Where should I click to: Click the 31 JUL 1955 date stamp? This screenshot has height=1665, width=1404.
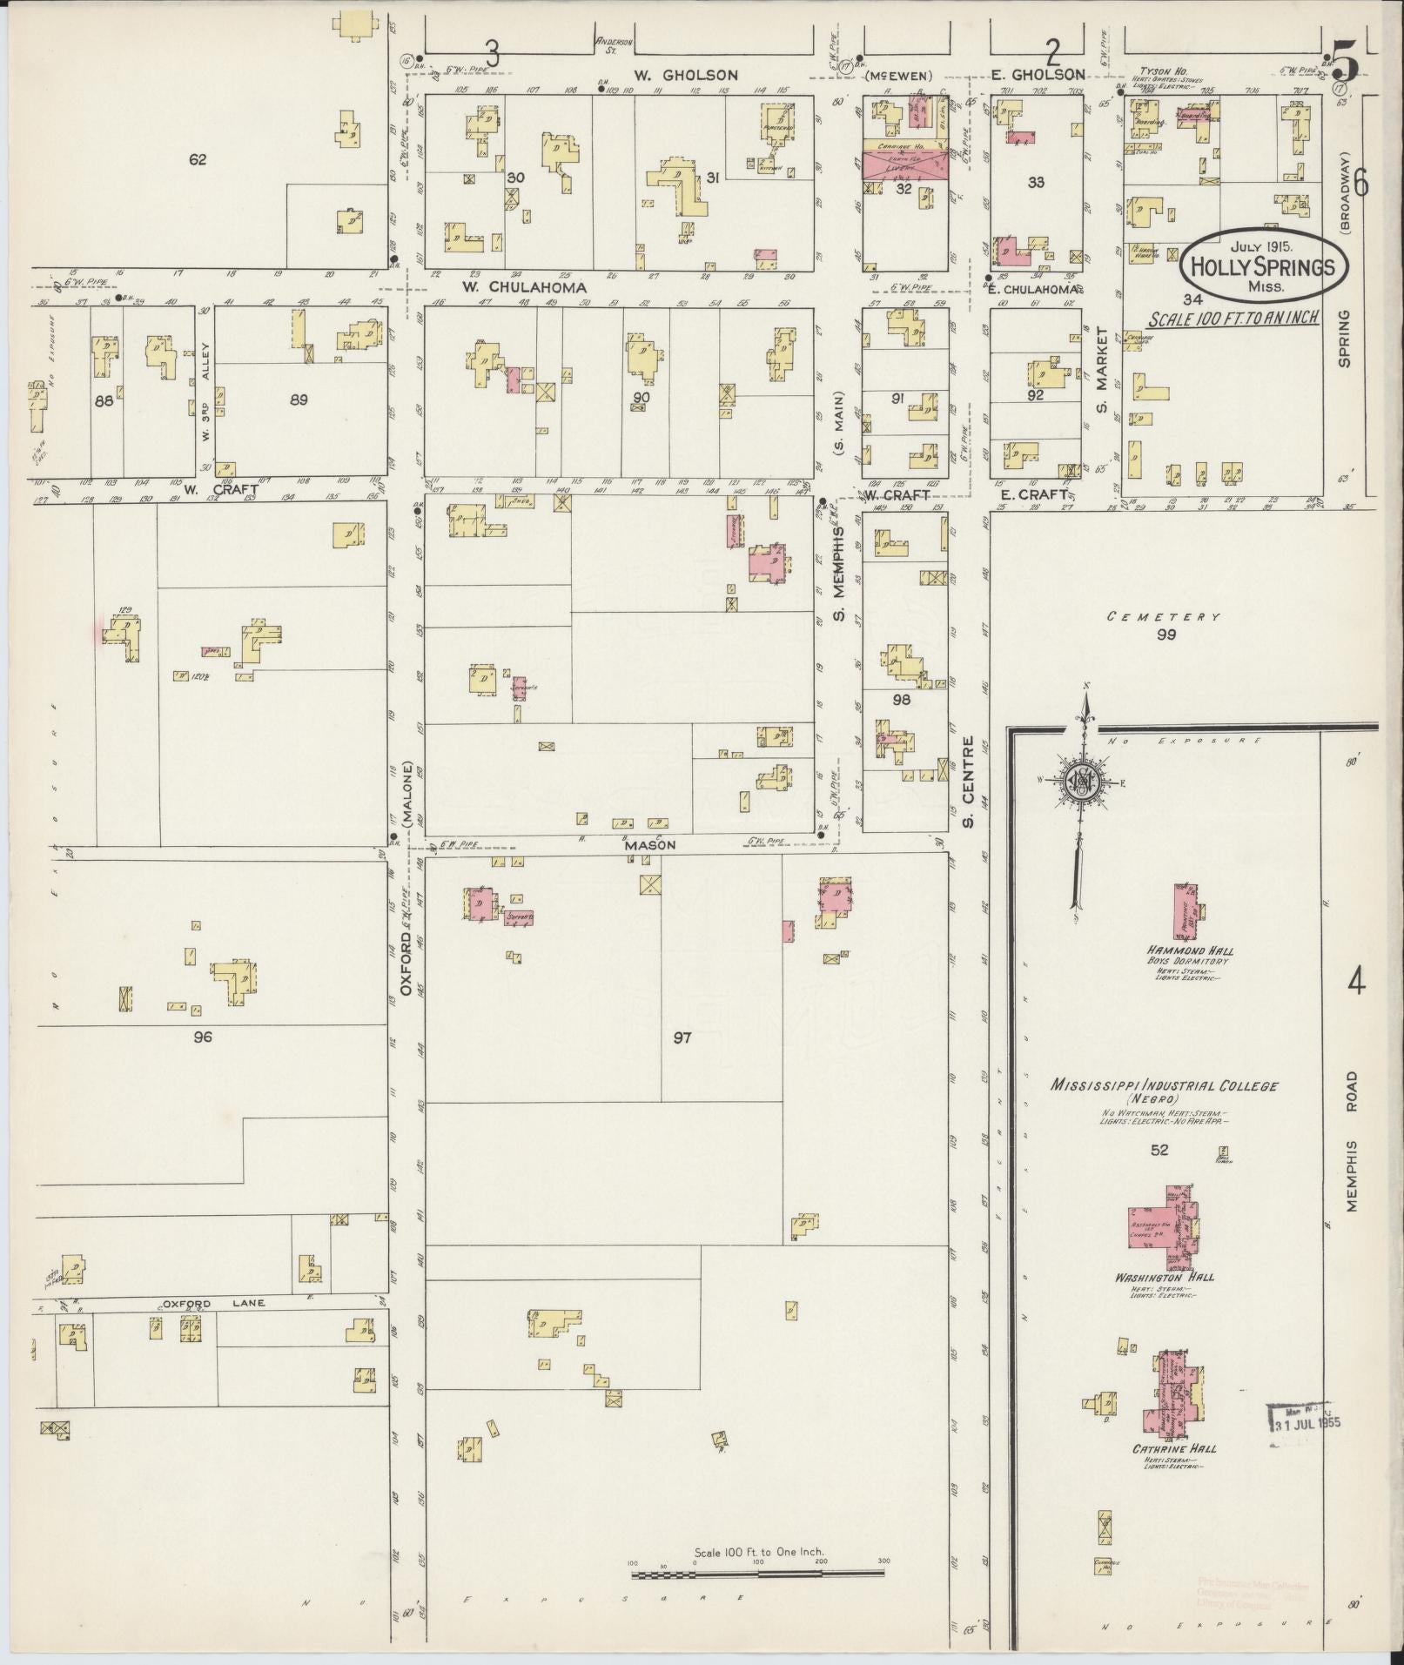tap(1307, 1425)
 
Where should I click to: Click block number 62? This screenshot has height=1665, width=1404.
tap(198, 159)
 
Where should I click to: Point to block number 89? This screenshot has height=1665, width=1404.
tap(299, 400)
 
